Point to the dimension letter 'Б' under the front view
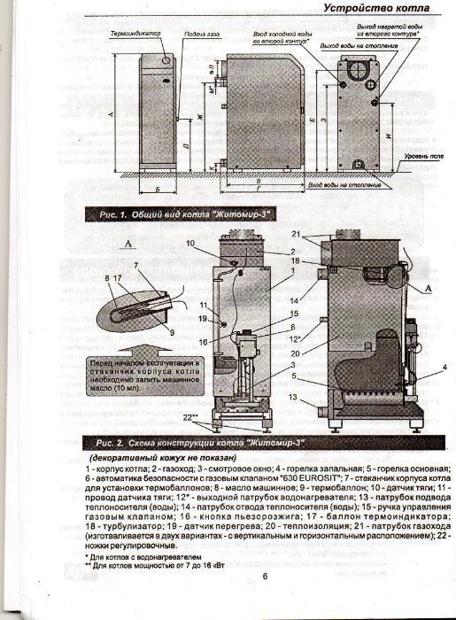pos(156,190)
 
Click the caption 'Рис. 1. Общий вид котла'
pos(163,215)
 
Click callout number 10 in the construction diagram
pos(190,242)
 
